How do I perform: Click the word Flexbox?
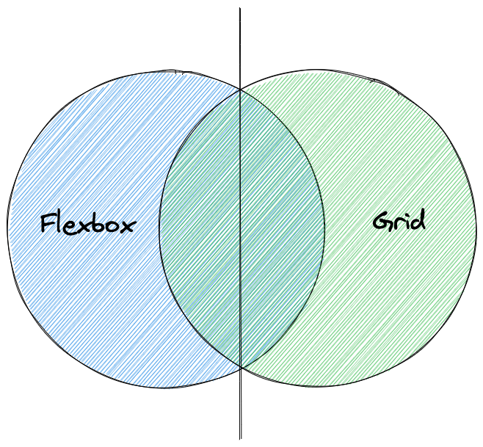pos(87,223)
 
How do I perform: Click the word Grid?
pos(399,220)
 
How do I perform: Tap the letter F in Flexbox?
pos(48,223)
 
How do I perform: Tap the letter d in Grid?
pos(418,219)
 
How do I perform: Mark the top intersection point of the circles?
pos(241,91)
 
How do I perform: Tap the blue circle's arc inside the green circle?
pos(324,228)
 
